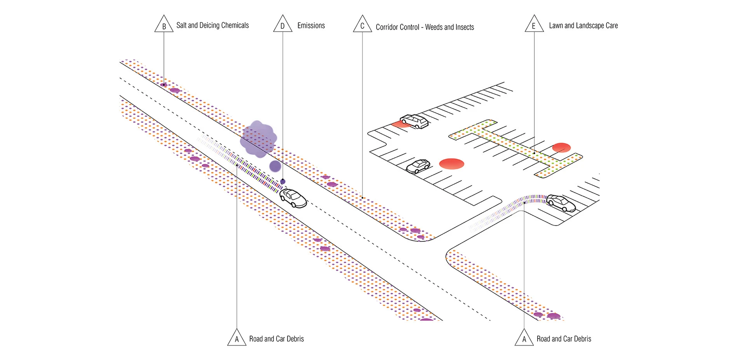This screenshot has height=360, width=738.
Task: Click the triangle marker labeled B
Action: [164, 24]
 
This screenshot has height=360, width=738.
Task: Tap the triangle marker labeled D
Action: [282, 24]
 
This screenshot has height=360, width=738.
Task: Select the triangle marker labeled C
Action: [362, 24]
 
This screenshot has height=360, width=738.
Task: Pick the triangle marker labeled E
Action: [534, 24]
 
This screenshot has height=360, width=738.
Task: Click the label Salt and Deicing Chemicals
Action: [212, 25]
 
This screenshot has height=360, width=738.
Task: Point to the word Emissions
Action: [311, 26]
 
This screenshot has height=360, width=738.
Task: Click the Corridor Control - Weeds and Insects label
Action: [425, 27]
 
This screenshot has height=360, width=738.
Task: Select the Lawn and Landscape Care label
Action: [583, 26]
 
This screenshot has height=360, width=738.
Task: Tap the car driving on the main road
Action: [293, 198]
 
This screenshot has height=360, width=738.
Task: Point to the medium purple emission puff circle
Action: [275, 166]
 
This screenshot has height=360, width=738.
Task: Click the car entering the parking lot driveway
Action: [560, 203]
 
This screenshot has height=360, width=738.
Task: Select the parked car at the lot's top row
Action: [414, 121]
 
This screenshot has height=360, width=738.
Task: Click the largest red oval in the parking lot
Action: [452, 163]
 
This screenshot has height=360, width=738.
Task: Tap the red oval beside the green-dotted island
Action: [561, 148]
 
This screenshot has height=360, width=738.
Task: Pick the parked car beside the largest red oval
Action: [418, 166]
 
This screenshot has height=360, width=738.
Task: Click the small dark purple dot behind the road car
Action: [283, 181]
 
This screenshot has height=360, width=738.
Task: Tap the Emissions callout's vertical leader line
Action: [283, 97]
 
